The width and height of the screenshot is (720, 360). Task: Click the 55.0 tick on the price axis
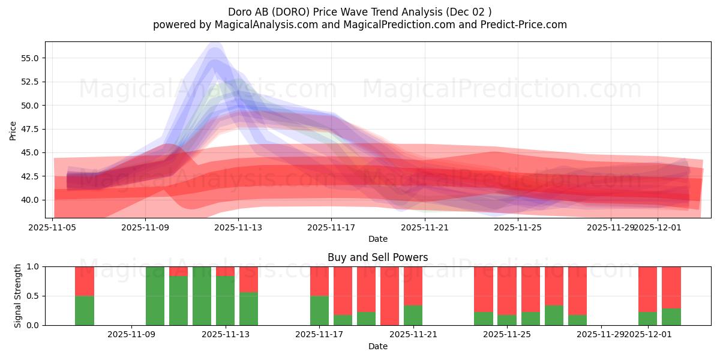point(30,58)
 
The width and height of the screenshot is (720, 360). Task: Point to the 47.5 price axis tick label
point(30,129)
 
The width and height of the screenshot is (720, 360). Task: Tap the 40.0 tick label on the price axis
point(30,200)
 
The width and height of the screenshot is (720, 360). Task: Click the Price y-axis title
point(13,130)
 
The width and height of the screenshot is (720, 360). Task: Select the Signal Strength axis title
point(18,296)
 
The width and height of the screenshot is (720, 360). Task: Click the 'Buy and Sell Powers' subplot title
point(377,257)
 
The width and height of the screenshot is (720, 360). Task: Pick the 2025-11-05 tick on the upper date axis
point(52,227)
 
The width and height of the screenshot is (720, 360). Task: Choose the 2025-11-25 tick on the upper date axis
point(518,227)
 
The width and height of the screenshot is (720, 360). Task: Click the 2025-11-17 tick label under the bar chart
point(319,335)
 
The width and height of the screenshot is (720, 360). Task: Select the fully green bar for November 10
point(155,296)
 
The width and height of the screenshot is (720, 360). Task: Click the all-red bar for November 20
point(389,296)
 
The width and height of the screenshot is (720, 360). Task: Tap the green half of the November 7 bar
point(85,310)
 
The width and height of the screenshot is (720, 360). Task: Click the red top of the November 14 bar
point(248,279)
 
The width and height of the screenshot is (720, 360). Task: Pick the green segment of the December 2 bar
point(671,317)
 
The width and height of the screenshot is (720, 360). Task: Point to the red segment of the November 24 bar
point(483,288)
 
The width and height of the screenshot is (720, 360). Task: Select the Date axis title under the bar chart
point(377,346)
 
